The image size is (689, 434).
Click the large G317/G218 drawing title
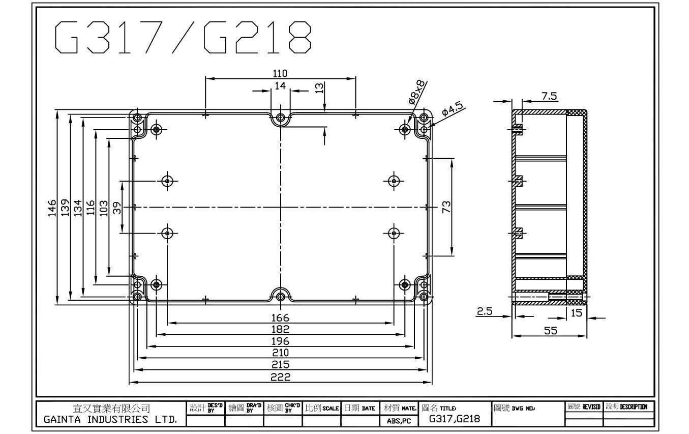183,37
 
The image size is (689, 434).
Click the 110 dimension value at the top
280,74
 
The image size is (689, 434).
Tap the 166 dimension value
280,318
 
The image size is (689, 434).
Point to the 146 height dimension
52,208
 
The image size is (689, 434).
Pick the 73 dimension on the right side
446,207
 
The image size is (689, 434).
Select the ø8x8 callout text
417,92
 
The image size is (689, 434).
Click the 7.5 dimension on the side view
549,96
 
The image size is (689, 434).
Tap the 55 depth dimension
550,331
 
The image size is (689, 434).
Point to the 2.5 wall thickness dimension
484,311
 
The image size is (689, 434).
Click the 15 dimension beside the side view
576,313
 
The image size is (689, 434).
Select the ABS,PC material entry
399,421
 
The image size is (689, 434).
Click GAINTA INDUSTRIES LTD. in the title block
110,420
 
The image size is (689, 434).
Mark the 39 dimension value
116,208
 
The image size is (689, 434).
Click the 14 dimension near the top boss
280,86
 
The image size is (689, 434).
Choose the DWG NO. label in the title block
523,408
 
